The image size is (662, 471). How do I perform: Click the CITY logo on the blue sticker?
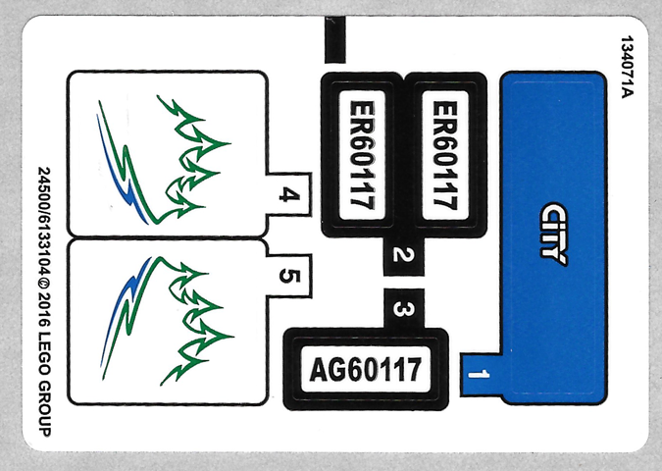click(x=554, y=234)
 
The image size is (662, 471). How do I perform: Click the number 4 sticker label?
click(x=287, y=195)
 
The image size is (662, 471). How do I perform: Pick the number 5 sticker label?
click(x=287, y=274)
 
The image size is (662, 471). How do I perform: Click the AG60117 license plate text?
click(x=365, y=370)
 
